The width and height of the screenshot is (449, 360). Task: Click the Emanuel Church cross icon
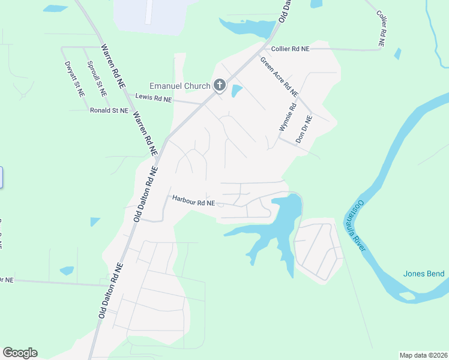(220, 86)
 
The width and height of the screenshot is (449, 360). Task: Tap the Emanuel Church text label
(180, 86)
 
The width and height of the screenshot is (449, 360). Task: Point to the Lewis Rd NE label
(154, 97)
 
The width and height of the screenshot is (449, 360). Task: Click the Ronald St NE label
(109, 110)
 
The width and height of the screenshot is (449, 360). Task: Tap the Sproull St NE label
(96, 79)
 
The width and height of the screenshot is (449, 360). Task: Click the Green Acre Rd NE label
(279, 77)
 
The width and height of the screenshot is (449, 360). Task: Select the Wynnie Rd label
(287, 118)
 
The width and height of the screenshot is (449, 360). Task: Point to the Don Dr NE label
(304, 129)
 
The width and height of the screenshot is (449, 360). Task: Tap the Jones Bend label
(424, 274)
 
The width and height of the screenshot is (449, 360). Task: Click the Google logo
(20, 353)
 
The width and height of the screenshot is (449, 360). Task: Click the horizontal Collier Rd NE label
(290, 49)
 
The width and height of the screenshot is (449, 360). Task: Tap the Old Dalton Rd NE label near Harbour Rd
(146, 195)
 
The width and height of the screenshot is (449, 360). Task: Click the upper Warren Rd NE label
(113, 66)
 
